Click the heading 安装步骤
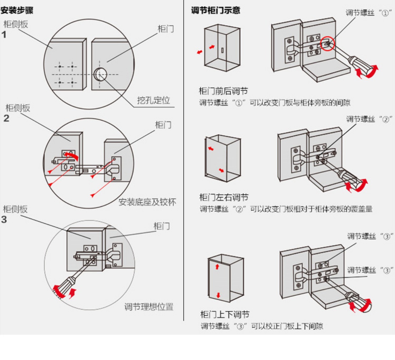(17, 11)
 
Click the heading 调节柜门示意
(215, 10)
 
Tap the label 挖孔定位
(153, 100)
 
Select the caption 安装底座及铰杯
(147, 202)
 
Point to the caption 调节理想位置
(149, 307)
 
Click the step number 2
(6, 119)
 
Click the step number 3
(4, 220)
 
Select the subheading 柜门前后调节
(223, 91)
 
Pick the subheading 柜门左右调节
(224, 198)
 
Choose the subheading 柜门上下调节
(225, 315)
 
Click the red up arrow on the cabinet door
(217, 266)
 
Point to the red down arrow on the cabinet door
(218, 295)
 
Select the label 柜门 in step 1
(166, 29)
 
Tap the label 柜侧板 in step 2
(18, 108)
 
